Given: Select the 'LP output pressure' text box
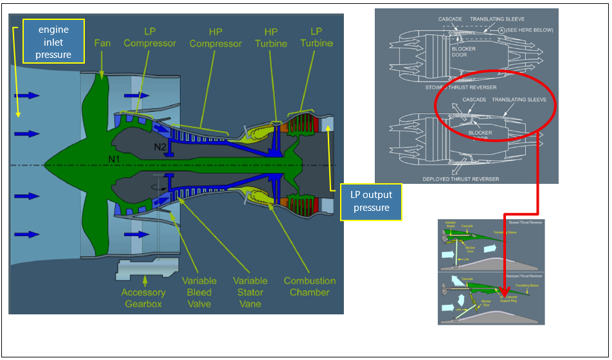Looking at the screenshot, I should point(371,202).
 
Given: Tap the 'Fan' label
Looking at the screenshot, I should point(102,43).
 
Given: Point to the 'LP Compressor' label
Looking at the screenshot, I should point(150,37).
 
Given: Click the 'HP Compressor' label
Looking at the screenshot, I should point(216,37).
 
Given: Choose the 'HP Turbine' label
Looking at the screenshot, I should point(277,37).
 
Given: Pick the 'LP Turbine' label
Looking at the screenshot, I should point(316,37).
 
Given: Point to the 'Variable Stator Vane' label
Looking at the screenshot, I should point(250,292).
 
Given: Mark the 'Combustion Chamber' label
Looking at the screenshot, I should point(309,286).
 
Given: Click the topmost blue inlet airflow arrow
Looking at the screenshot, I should point(28,96).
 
